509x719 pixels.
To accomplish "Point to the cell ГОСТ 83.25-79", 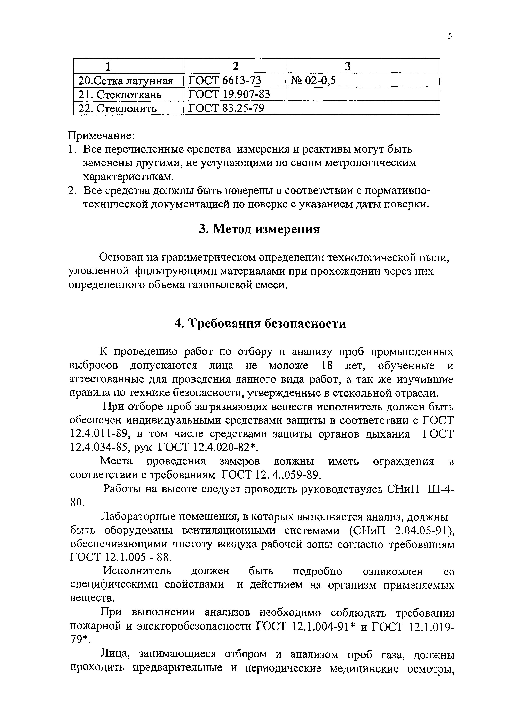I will [226, 108].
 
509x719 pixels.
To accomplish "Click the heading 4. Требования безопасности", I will [260, 323].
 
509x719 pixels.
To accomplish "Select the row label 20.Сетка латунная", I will [125, 81].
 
